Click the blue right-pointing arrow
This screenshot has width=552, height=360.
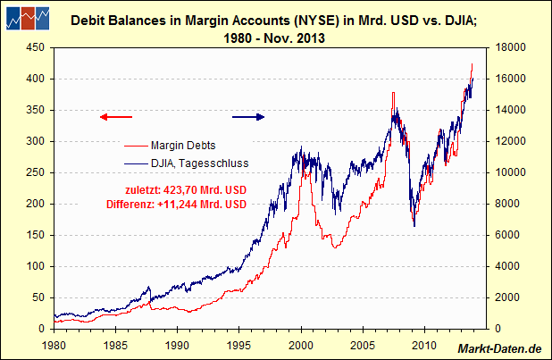[248, 116]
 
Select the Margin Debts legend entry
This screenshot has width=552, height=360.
[182, 145]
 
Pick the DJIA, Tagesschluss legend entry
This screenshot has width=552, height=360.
[199, 163]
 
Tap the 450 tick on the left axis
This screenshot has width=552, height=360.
[36, 48]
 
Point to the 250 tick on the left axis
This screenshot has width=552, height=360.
[36, 172]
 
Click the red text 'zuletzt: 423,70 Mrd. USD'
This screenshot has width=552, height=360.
[186, 189]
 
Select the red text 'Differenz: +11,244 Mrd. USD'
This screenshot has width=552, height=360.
[186, 205]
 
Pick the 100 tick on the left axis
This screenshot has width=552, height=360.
[36, 266]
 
